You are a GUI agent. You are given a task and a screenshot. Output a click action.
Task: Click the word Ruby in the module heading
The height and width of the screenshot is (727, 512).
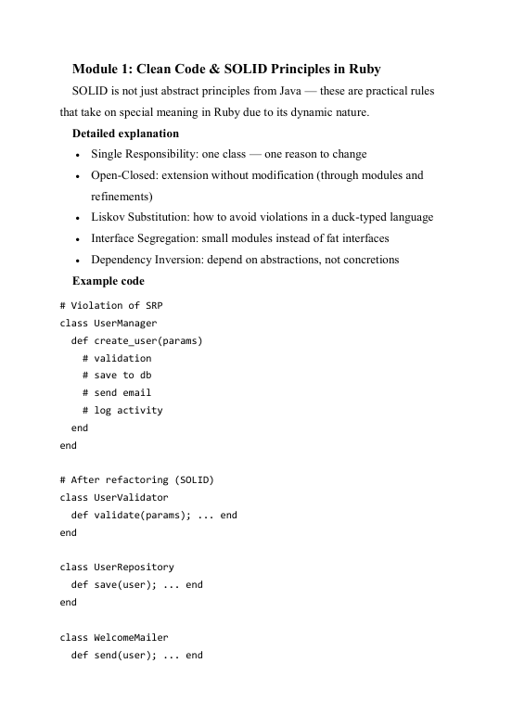coord(361,70)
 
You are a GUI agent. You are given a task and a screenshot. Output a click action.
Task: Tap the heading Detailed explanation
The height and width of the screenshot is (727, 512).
coord(125,134)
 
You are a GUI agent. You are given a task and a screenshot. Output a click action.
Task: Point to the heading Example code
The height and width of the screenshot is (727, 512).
coord(109,280)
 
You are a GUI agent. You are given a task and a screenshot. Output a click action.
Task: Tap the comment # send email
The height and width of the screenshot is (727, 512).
coord(116,392)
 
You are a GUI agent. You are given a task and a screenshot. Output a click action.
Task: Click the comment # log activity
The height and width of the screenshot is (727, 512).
coord(122,410)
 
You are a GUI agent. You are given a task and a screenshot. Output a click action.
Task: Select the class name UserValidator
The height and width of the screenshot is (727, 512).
coord(131,497)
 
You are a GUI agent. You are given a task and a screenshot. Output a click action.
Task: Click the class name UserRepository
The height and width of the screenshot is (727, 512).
coord(134,567)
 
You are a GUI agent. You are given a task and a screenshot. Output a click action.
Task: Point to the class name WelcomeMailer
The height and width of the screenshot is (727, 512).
coord(131,636)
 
